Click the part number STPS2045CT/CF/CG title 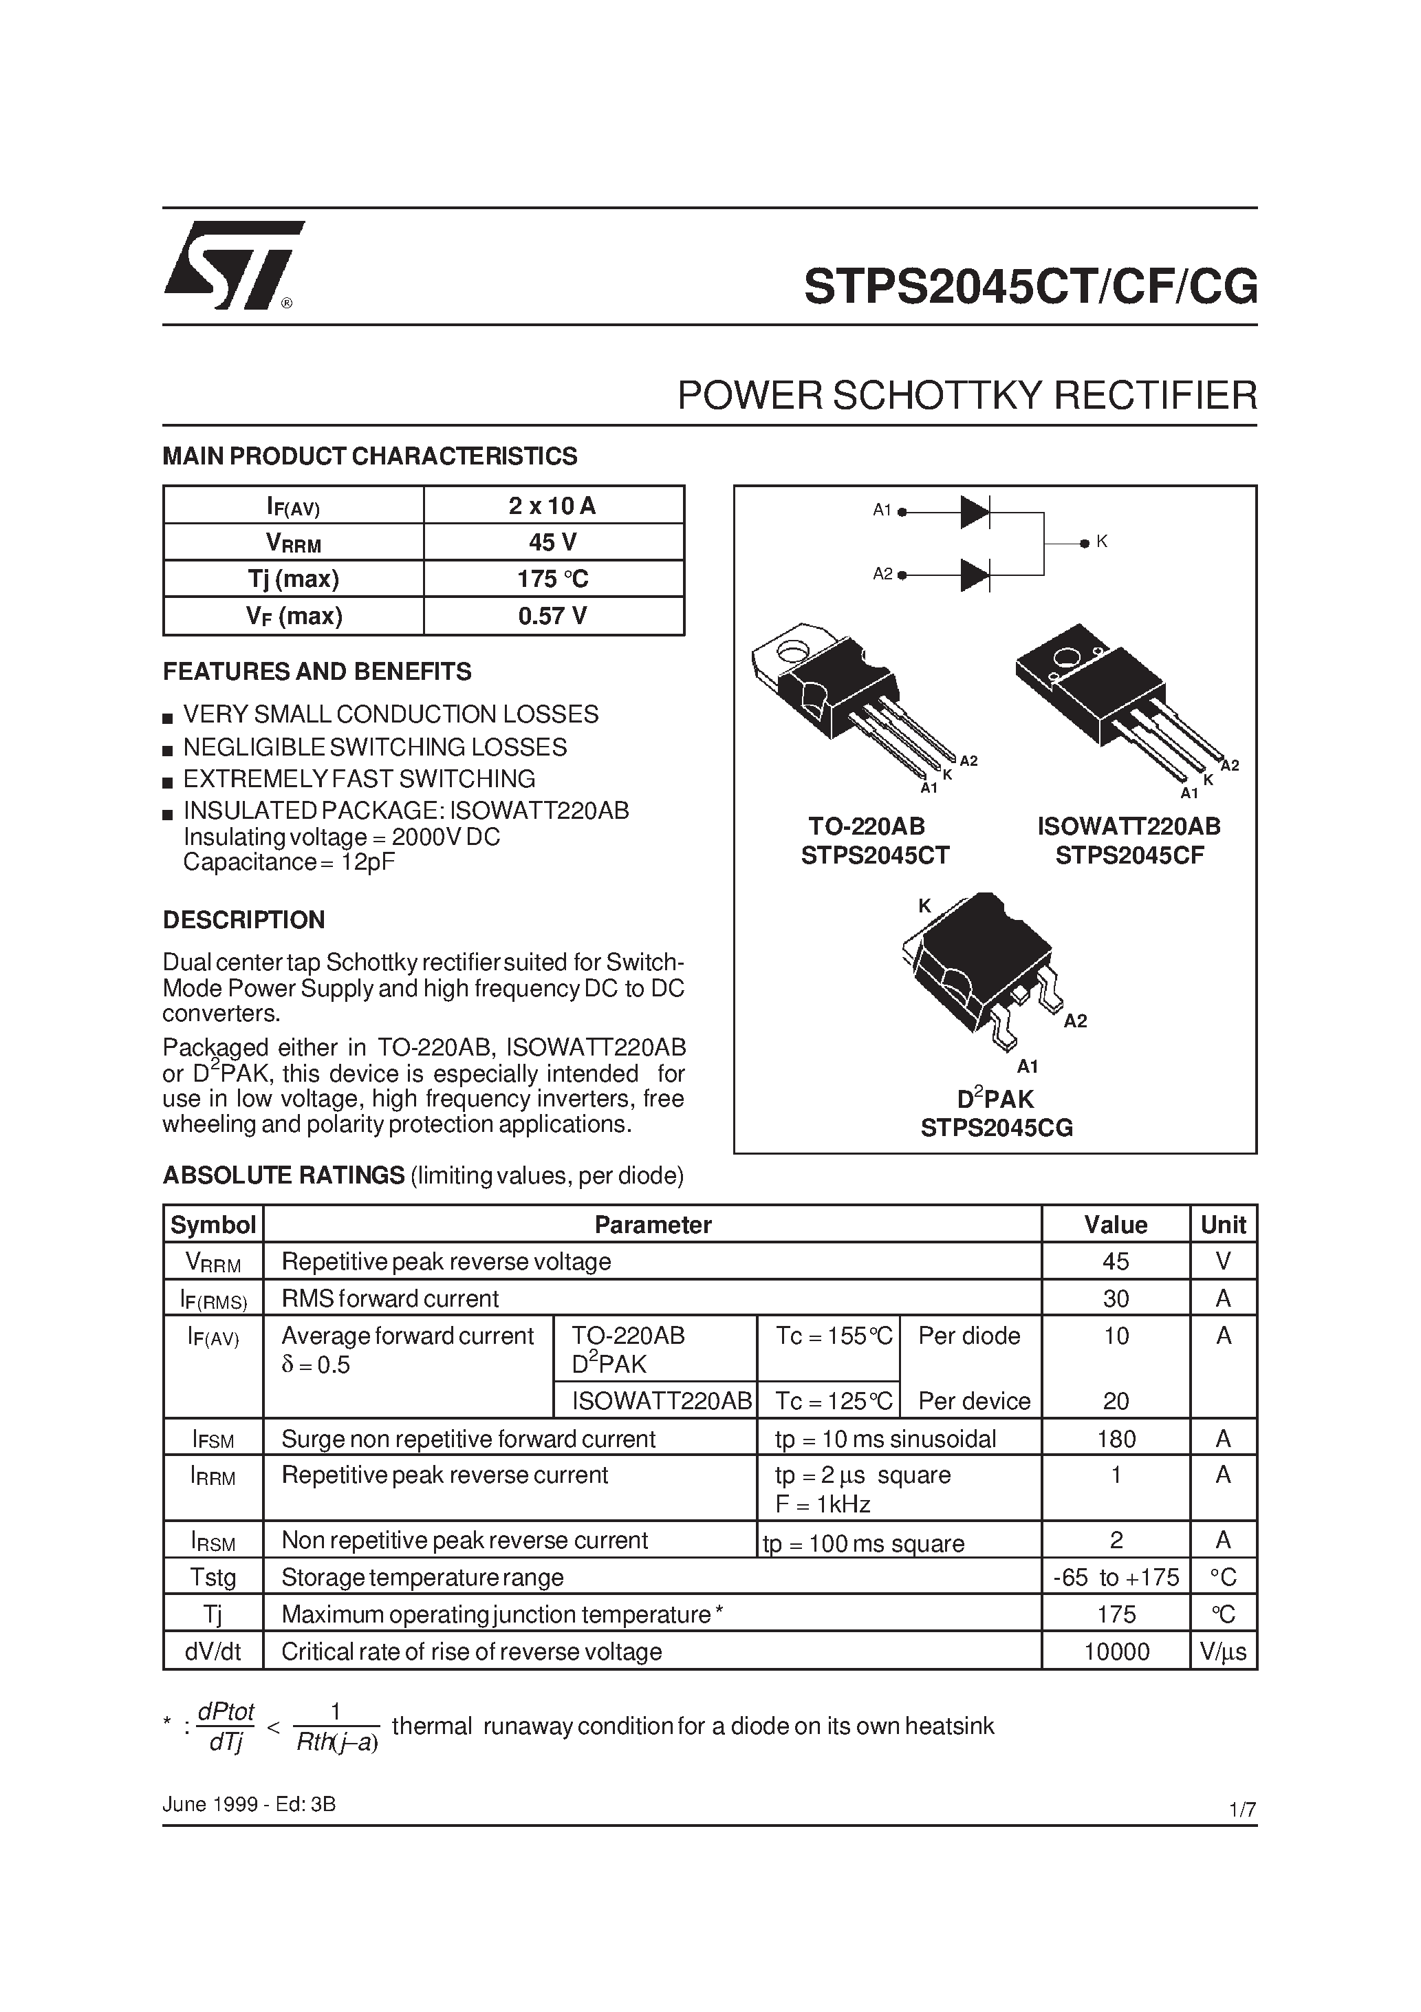pyautogui.click(x=1030, y=286)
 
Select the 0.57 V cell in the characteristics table pyautogui.click(x=553, y=616)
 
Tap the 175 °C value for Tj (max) pyautogui.click(x=553, y=579)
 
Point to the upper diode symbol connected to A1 pyautogui.click(x=974, y=512)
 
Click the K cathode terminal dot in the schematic pyautogui.click(x=1085, y=544)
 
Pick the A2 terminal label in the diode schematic pyautogui.click(x=882, y=574)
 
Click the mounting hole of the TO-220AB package pyautogui.click(x=794, y=651)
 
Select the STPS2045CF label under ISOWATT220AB pyautogui.click(x=1129, y=855)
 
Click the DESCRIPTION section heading pyautogui.click(x=243, y=919)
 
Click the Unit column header pyautogui.click(x=1223, y=1224)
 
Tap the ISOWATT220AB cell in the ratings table pyautogui.click(x=662, y=1401)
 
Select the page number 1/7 pyautogui.click(x=1242, y=1809)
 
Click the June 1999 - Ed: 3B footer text pyautogui.click(x=249, y=1804)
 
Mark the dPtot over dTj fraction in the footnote pyautogui.click(x=225, y=1727)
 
